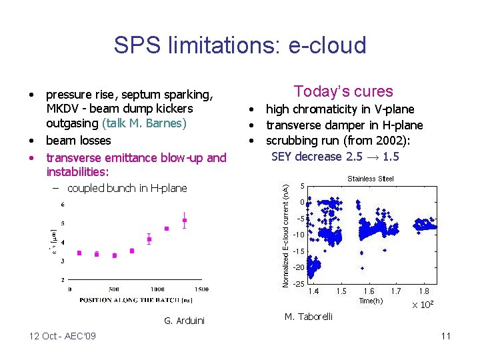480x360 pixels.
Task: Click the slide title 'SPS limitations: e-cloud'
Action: (x=240, y=45)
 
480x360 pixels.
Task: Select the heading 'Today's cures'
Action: (x=343, y=91)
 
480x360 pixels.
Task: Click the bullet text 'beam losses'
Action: (x=78, y=141)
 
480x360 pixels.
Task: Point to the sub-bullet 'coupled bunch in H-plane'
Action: (x=127, y=188)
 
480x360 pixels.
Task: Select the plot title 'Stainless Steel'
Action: (x=371, y=179)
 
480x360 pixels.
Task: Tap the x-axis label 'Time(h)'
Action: (x=371, y=301)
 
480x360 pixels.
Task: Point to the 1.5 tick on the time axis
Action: (x=341, y=291)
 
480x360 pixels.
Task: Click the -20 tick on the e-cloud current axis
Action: (x=299, y=267)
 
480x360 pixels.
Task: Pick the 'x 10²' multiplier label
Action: (x=423, y=305)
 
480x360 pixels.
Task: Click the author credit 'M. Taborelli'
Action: (x=308, y=316)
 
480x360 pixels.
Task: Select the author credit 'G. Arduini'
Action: (x=184, y=321)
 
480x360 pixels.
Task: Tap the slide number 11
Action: (x=445, y=336)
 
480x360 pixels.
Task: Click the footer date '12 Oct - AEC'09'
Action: (x=62, y=335)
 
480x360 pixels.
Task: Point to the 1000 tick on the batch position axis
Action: (x=157, y=289)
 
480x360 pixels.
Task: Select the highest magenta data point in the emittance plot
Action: (x=185, y=220)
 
